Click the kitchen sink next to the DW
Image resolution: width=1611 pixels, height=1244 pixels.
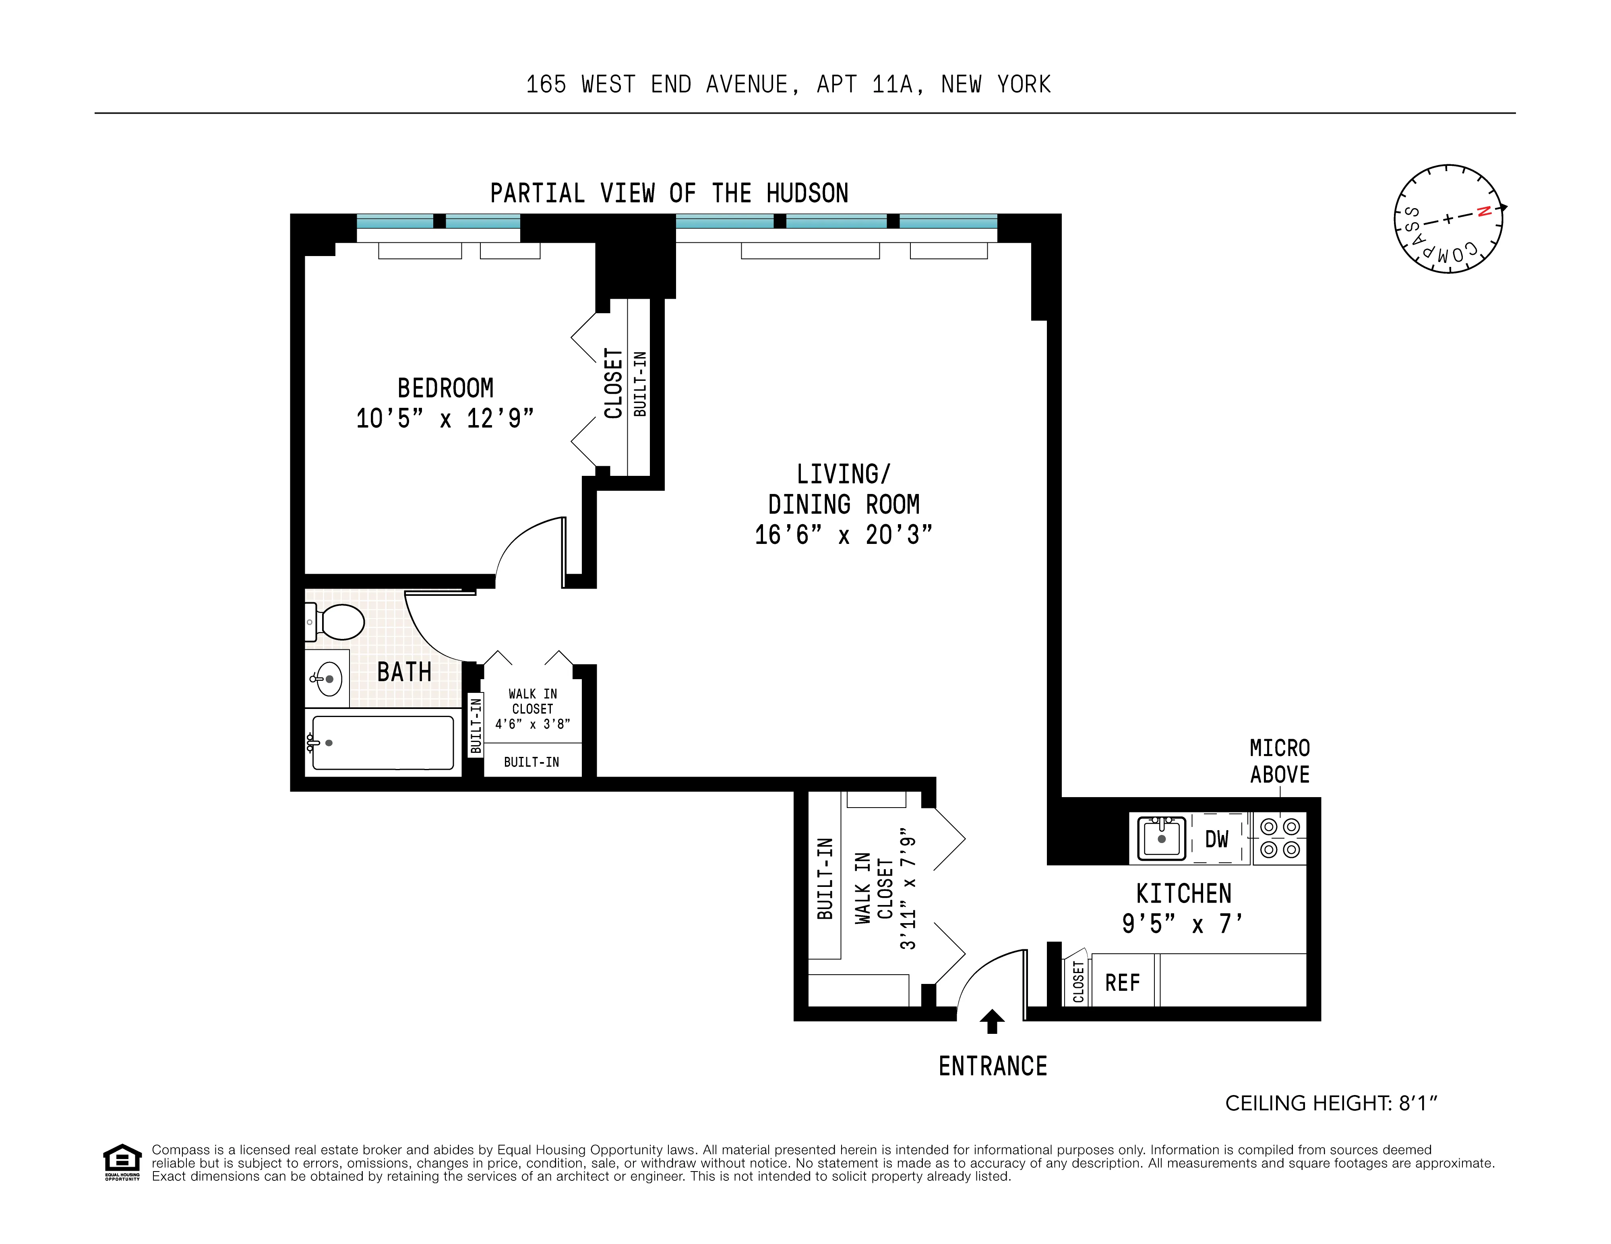1161,839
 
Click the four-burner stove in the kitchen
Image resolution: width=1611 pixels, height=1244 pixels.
1280,839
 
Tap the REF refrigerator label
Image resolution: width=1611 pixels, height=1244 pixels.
1122,983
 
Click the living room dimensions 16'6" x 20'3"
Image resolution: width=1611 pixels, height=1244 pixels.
843,535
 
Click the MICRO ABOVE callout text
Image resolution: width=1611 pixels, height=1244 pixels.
1280,761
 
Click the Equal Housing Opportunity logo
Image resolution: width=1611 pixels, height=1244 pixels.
122,1163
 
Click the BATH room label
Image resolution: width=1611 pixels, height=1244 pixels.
404,672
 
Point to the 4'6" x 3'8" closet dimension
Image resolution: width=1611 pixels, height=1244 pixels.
532,724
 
